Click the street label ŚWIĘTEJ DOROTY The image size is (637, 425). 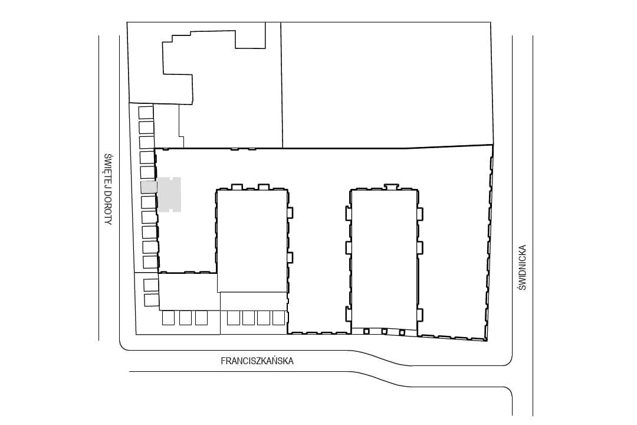coord(108,189)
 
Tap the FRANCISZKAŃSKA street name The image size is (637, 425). coord(257,361)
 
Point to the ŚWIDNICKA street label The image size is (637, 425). coord(522,267)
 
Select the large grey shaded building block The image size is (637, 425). coord(169,194)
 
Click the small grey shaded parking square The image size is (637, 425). coord(148,187)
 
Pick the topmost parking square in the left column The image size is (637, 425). coord(146,113)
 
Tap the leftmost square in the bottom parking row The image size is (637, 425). coord(168,318)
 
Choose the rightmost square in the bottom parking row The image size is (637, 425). coord(278,318)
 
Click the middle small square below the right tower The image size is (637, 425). coord(384,332)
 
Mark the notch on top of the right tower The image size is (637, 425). coord(390,187)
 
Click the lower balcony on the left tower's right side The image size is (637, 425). coord(290,258)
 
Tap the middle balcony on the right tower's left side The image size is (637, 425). coord(348,248)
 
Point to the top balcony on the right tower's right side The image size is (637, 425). coord(420,214)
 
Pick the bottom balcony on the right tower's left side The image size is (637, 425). coord(348,313)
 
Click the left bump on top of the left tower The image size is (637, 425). coord(237,187)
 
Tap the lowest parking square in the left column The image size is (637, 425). coord(151,300)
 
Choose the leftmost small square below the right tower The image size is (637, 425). coord(366,332)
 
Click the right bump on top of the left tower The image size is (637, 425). coord(264,187)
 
